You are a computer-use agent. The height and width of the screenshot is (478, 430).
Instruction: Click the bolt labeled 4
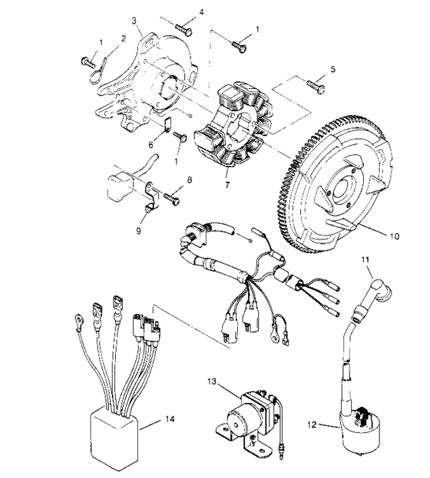(x=183, y=28)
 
